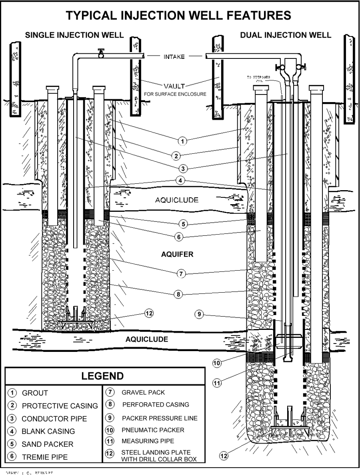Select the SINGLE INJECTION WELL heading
tap(74, 35)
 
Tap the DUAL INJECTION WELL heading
tap(286, 35)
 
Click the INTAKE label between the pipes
tap(174, 57)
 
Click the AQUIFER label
tap(176, 254)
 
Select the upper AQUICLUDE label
tap(176, 200)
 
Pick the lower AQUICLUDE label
tap(147, 339)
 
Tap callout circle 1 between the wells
tap(182, 141)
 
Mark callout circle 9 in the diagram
tap(199, 314)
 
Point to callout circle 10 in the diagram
tap(217, 363)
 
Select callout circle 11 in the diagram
tap(217, 383)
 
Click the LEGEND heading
tap(102, 376)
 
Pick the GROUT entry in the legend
tap(35, 393)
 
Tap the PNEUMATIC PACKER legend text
tap(153, 430)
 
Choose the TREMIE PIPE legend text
tap(45, 457)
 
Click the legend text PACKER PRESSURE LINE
tap(160, 418)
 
